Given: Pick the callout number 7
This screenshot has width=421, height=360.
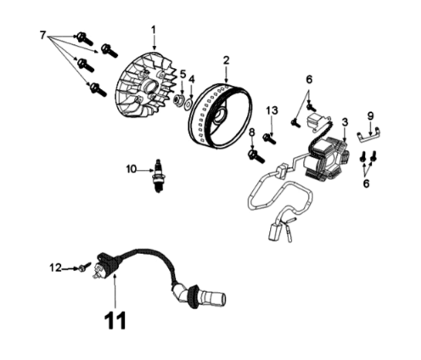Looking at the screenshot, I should tap(43, 34).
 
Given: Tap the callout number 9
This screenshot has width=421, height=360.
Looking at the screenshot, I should tap(370, 115).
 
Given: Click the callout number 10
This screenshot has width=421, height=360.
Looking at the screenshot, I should tap(132, 169).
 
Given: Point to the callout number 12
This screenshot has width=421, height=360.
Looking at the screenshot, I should tap(56, 267).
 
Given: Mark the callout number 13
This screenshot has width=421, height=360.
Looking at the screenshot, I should tap(272, 110).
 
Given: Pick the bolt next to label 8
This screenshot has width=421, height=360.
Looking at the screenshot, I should tap(255, 154).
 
